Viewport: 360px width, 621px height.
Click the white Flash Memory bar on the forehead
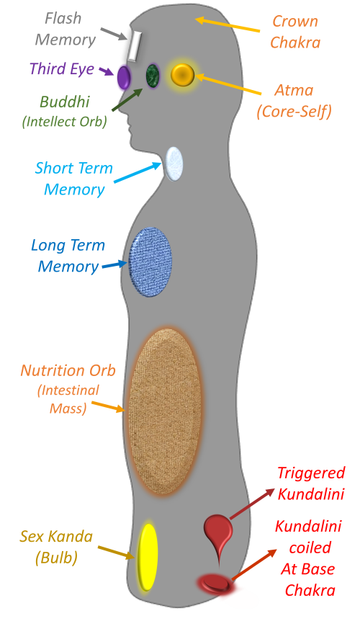point(134,46)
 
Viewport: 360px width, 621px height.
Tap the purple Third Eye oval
point(124,77)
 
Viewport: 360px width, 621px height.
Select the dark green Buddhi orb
point(153,75)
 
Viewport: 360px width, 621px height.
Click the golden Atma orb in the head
point(182,74)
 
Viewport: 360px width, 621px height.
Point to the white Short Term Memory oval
point(174,164)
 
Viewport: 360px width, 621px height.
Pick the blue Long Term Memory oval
point(150,262)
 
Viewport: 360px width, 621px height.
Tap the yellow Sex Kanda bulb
point(148,557)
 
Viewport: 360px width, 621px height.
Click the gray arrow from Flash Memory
point(114,34)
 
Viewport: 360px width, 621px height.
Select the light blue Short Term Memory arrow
point(138,173)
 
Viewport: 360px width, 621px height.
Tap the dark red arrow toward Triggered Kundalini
point(252,504)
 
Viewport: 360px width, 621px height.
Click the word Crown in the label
point(295,21)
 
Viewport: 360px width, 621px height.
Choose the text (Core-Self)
point(294,112)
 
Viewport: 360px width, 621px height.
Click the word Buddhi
point(65,102)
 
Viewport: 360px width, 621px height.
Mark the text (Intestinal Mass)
point(68,399)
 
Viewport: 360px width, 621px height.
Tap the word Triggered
point(310,473)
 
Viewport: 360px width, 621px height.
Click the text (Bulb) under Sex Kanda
point(55,558)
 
